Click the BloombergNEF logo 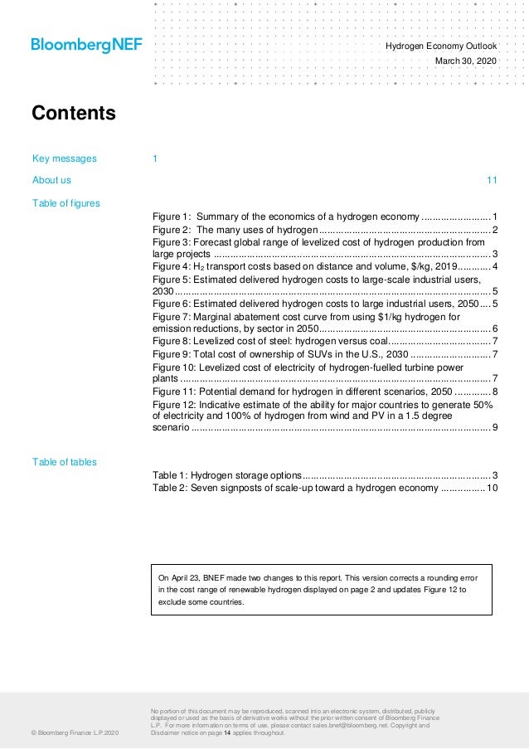coord(86,45)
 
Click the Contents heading coord(74,113)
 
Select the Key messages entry coord(65,158)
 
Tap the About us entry coord(51,180)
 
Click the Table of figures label coord(66,202)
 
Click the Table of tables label coord(64,462)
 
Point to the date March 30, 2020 coord(466,61)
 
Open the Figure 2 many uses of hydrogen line coord(323,230)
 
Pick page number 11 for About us coord(492,180)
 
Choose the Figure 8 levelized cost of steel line coord(323,341)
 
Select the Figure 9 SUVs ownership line coord(323,354)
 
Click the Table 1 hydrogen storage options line coord(323,475)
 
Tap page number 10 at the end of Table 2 coord(492,489)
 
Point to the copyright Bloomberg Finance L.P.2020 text coord(75,733)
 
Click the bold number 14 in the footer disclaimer coord(227,733)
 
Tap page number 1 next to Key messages coord(155,158)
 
